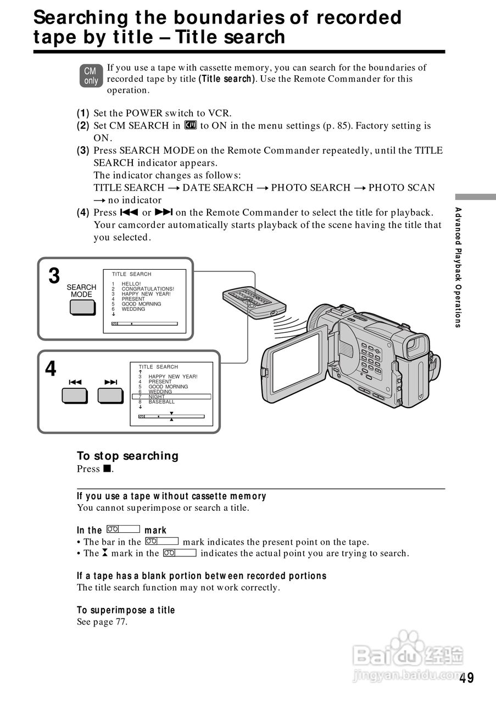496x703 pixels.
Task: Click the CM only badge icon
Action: point(91,76)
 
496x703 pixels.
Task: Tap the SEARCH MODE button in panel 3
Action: point(82,308)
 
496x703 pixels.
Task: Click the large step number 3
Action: point(54,276)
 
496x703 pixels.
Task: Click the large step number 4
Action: point(51,369)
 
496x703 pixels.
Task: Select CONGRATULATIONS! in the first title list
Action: point(148,289)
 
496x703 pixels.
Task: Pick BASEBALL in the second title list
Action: point(161,402)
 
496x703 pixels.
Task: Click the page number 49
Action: point(467,678)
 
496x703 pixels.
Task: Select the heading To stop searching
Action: point(127,456)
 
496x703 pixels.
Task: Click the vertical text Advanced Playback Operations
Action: point(458,267)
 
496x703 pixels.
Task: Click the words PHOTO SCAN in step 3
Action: point(402,188)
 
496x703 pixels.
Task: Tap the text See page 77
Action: point(102,622)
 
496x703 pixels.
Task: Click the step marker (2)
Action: point(83,126)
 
